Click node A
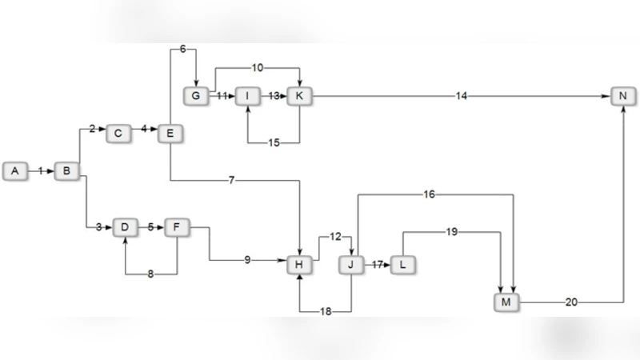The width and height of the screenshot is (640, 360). pyautogui.click(x=14, y=170)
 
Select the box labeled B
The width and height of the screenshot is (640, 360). pyautogui.click(x=67, y=170)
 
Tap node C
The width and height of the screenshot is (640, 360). pyautogui.click(x=118, y=133)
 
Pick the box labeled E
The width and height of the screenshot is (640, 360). pyautogui.click(x=170, y=133)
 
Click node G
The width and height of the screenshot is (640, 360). pyautogui.click(x=195, y=96)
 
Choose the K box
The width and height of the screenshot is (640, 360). pyautogui.click(x=299, y=96)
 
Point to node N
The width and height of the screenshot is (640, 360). pyautogui.click(x=622, y=96)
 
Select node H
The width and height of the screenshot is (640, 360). pyautogui.click(x=299, y=264)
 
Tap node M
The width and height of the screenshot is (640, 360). pyautogui.click(x=506, y=302)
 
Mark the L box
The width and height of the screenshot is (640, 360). pyautogui.click(x=403, y=264)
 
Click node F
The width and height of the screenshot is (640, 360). pyautogui.click(x=176, y=227)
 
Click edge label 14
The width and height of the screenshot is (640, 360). pyautogui.click(x=461, y=96)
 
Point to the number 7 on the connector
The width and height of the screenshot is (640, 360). pyautogui.click(x=232, y=180)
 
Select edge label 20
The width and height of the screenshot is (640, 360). pyautogui.click(x=570, y=302)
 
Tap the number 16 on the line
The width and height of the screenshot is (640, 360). pyautogui.click(x=429, y=194)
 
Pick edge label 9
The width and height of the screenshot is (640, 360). pyautogui.click(x=248, y=260)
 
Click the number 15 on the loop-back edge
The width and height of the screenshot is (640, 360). pyautogui.click(x=274, y=143)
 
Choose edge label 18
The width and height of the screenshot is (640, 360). pyautogui.click(x=325, y=311)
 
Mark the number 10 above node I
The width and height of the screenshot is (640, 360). pyautogui.click(x=257, y=67)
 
